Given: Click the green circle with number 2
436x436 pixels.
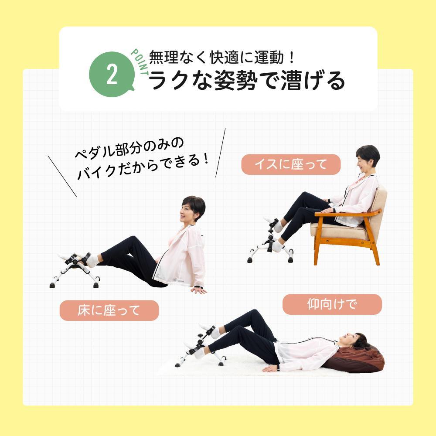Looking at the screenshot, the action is coord(112,74).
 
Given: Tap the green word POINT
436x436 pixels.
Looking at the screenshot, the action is coord(140,62).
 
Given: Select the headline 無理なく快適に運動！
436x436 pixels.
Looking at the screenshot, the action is coord(221,57).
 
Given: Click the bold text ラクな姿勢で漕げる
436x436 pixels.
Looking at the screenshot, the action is coord(247,80).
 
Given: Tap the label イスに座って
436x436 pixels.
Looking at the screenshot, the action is coord(291,164).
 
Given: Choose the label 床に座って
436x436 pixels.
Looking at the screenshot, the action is coord(109,310).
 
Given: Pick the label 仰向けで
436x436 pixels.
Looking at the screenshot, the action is coord(332,304).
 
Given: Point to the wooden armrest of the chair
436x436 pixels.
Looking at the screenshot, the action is coord(347,213).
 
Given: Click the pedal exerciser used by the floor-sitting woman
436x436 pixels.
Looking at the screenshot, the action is coord(75,270).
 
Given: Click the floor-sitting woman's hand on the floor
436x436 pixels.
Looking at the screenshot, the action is coord(199,290).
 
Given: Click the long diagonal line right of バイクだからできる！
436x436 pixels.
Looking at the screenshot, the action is coord(221,153).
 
